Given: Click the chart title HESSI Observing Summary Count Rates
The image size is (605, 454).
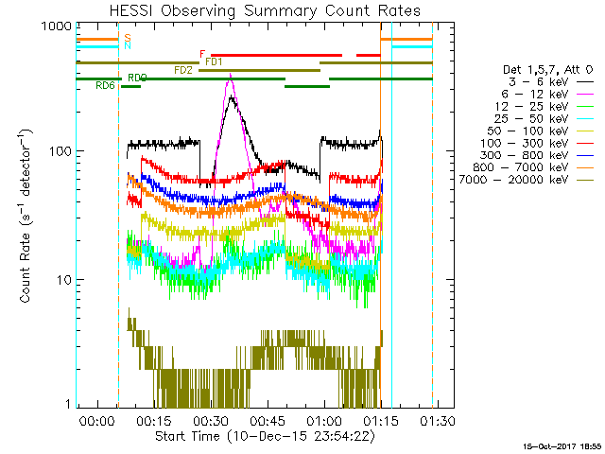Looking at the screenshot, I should click(x=254, y=11).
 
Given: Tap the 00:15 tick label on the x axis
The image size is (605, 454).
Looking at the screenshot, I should click(x=152, y=421).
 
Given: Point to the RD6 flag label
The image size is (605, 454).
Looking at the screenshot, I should click(x=105, y=85).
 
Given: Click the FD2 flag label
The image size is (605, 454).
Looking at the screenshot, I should click(x=183, y=70).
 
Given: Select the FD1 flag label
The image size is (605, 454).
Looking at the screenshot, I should click(x=215, y=61).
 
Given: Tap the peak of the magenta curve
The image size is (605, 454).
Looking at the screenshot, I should click(x=230, y=78).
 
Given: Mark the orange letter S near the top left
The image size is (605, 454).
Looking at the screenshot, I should click(x=128, y=37).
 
